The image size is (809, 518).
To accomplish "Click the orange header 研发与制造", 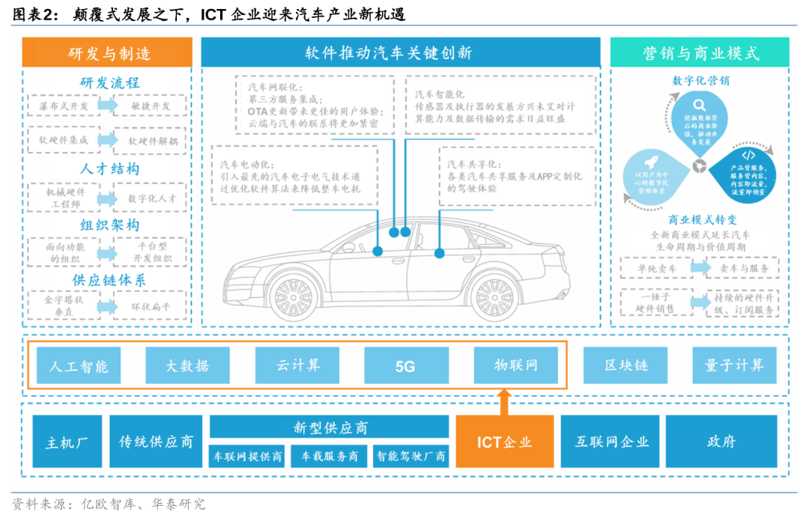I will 106,53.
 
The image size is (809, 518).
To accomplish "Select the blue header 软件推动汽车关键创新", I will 400,53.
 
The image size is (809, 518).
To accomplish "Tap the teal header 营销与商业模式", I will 700,53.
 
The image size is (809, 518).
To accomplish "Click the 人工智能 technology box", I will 78,366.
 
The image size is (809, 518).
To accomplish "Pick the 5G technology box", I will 406,366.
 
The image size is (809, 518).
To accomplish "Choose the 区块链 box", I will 625,366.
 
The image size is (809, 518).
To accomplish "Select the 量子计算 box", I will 734,366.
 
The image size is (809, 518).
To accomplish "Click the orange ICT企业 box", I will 504,442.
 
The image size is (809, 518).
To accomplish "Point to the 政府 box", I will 721,442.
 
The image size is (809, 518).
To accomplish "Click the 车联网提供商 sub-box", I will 248,456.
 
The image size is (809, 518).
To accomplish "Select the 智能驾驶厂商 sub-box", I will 411,456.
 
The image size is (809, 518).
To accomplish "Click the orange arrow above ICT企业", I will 504,401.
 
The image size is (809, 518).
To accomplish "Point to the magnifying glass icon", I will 699,106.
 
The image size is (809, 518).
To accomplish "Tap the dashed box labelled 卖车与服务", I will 742,267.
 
